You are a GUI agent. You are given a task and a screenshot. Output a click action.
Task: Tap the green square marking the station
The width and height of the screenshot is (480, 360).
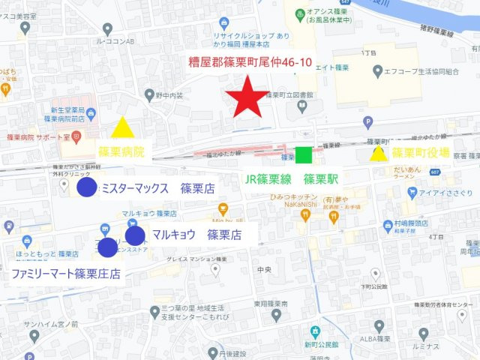pyautogui.click(x=303, y=155)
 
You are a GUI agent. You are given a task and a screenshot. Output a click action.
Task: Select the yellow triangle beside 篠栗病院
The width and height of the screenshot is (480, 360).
pyautogui.click(x=122, y=129)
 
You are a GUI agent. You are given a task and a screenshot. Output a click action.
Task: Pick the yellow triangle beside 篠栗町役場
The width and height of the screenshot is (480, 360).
pyautogui.click(x=379, y=154)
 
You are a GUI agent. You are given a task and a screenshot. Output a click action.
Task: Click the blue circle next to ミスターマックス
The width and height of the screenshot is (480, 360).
pyautogui.click(x=87, y=187)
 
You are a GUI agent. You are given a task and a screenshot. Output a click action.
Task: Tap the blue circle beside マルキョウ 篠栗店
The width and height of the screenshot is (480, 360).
pyautogui.click(x=135, y=235)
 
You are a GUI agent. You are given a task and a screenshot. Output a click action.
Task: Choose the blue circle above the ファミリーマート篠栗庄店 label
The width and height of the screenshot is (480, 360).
pyautogui.click(x=107, y=246)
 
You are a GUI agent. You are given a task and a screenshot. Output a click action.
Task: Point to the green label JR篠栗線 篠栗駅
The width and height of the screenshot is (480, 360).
pyautogui.click(x=292, y=180)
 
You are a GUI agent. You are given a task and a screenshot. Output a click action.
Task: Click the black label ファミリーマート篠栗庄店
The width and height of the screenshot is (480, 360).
pyautogui.click(x=66, y=274)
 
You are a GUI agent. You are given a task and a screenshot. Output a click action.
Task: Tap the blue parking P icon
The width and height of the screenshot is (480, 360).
pyautogui.click(x=367, y=122)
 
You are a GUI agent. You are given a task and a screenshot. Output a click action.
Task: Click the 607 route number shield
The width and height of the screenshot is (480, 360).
pyautogui.click(x=435, y=172)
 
